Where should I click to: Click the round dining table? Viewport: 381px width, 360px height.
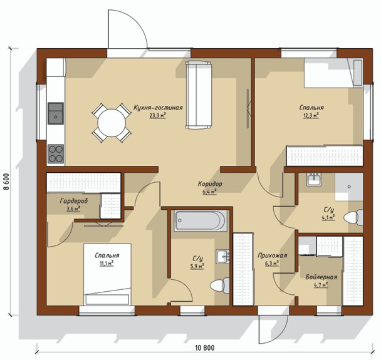(x=112, y=123)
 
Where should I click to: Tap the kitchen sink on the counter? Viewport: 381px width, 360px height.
(x=56, y=113)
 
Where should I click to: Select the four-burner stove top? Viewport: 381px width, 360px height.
(x=56, y=154)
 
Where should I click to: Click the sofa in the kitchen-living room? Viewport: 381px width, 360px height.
(x=198, y=95)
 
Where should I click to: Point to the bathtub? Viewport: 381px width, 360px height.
(x=201, y=220)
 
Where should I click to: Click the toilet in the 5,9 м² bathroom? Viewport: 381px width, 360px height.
(x=220, y=285)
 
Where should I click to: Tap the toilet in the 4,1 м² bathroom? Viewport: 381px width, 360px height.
(x=353, y=217)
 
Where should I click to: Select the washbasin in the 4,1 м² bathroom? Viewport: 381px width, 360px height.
(x=314, y=180)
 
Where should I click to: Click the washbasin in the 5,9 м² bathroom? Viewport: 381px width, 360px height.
(x=222, y=257)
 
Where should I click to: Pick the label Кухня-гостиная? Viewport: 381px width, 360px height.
(x=158, y=108)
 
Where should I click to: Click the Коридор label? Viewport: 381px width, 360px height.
(x=210, y=184)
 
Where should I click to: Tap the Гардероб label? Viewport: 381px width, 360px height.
(x=74, y=201)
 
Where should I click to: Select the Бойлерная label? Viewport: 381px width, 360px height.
(x=321, y=277)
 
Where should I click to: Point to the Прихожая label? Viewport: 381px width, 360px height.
(x=272, y=255)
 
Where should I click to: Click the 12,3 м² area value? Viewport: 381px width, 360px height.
(x=311, y=115)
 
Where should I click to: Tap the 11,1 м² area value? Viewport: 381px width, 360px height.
(x=107, y=263)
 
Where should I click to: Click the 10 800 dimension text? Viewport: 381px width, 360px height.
(x=205, y=348)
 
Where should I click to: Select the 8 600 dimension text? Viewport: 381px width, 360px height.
(x=6, y=182)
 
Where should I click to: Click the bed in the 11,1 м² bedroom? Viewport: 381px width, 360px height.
(x=107, y=274)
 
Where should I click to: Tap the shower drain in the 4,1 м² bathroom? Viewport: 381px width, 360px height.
(x=349, y=187)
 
